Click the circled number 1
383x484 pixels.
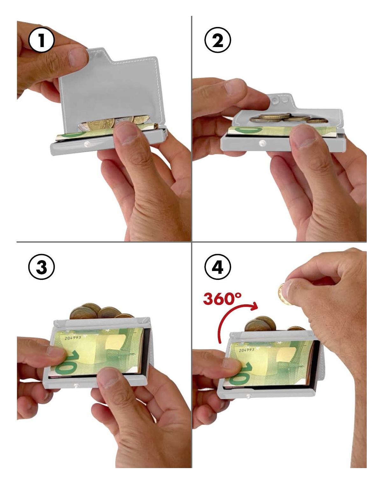pyautogui.click(x=41, y=40)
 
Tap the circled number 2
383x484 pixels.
pyautogui.click(x=217, y=40)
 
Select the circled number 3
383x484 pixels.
pyautogui.click(x=41, y=267)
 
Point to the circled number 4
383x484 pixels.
pyautogui.click(x=217, y=267)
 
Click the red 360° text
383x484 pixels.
pyautogui.click(x=223, y=299)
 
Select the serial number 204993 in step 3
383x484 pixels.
pyautogui.click(x=73, y=338)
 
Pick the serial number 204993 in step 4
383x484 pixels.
pyautogui.click(x=246, y=350)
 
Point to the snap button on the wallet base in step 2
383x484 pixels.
pyautogui.click(x=262, y=142)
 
